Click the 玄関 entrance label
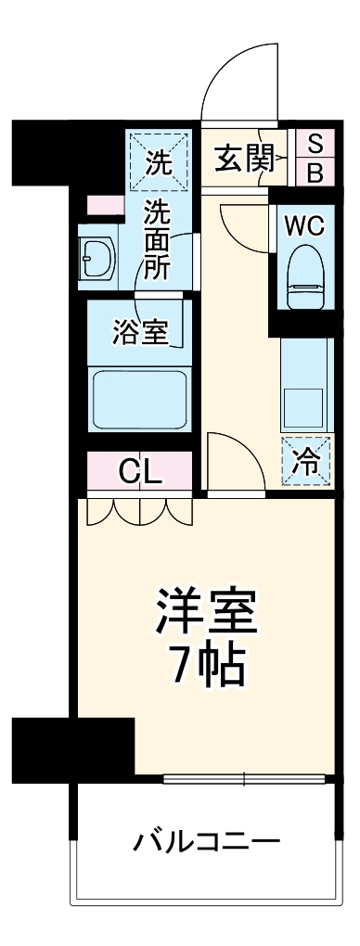(245, 159)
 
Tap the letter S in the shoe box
(315, 144)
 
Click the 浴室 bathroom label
(140, 333)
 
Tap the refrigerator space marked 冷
(305, 460)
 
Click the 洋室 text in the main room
(206, 612)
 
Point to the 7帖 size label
(206, 664)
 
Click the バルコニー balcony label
(206, 841)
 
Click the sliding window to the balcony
(247, 778)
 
